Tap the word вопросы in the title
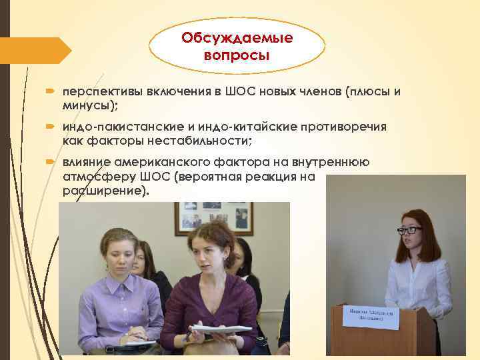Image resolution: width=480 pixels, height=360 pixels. [x=237, y=54]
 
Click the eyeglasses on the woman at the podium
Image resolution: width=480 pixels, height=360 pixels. [x=409, y=230]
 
